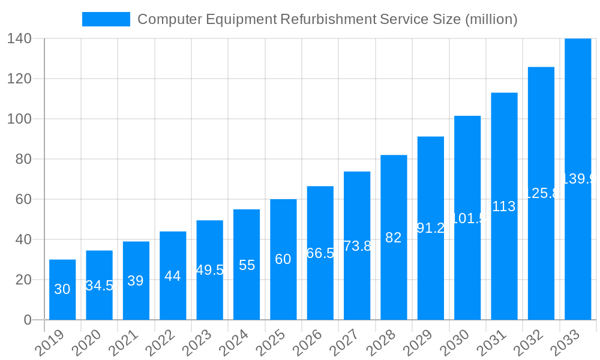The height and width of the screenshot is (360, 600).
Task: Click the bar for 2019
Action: click(62, 290)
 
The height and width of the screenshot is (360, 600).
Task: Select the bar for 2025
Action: click(283, 259)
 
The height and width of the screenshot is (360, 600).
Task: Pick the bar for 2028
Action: click(394, 238)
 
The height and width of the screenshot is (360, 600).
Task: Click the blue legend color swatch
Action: click(106, 19)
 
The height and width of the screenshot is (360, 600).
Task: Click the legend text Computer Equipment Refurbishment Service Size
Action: click(327, 19)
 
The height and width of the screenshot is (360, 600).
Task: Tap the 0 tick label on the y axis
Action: click(28, 320)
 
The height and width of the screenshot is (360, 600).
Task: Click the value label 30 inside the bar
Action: click(62, 289)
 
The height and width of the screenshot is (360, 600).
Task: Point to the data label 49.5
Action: click(210, 270)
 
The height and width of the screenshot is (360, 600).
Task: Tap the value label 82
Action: click(394, 238)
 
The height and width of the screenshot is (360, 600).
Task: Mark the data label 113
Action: click(504, 206)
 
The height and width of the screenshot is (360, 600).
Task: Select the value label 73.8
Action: click(357, 246)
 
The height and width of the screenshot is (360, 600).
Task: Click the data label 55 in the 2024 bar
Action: click(247, 265)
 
